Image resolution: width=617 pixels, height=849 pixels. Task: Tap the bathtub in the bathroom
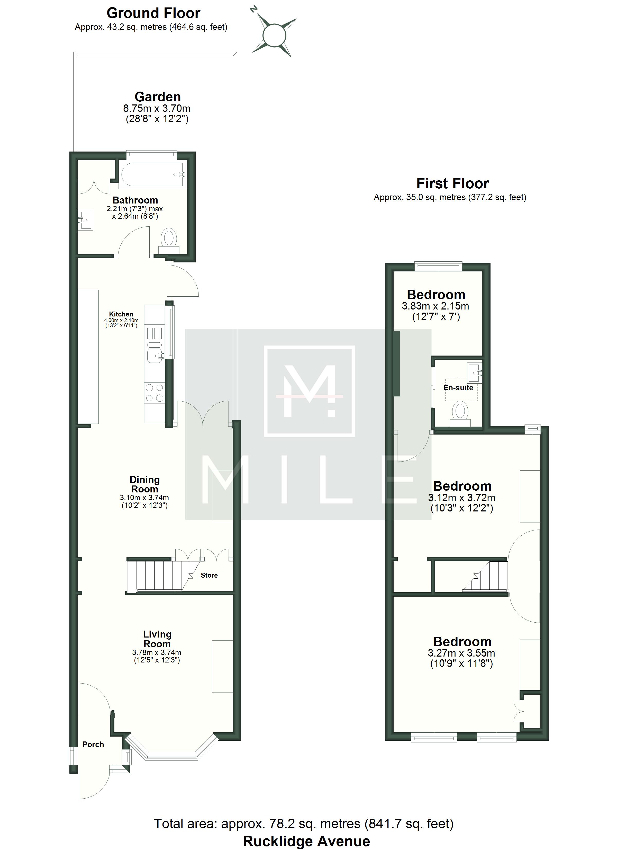[152, 175]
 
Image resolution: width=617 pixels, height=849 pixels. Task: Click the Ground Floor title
[153, 13]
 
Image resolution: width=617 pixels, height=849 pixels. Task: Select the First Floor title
[453, 183]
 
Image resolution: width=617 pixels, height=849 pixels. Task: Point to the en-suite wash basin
[474, 370]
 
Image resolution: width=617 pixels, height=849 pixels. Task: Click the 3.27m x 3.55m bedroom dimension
[461, 653]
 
